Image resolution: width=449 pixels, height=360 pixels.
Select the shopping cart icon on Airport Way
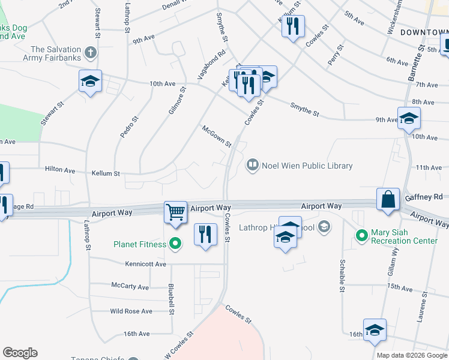click(175, 211)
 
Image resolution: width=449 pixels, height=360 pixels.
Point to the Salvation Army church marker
click(91, 52)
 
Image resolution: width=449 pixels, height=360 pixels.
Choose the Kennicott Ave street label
click(145, 264)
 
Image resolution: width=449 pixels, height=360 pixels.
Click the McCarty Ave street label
click(130, 287)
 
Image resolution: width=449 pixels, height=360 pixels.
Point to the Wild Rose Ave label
click(131, 311)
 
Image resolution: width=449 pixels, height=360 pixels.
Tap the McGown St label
click(217, 136)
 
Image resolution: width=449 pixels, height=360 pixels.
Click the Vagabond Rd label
click(211, 65)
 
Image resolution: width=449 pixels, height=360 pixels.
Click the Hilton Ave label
click(60, 170)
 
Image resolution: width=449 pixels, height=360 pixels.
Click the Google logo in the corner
click(20, 353)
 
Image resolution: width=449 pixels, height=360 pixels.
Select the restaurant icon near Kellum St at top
click(293, 26)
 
